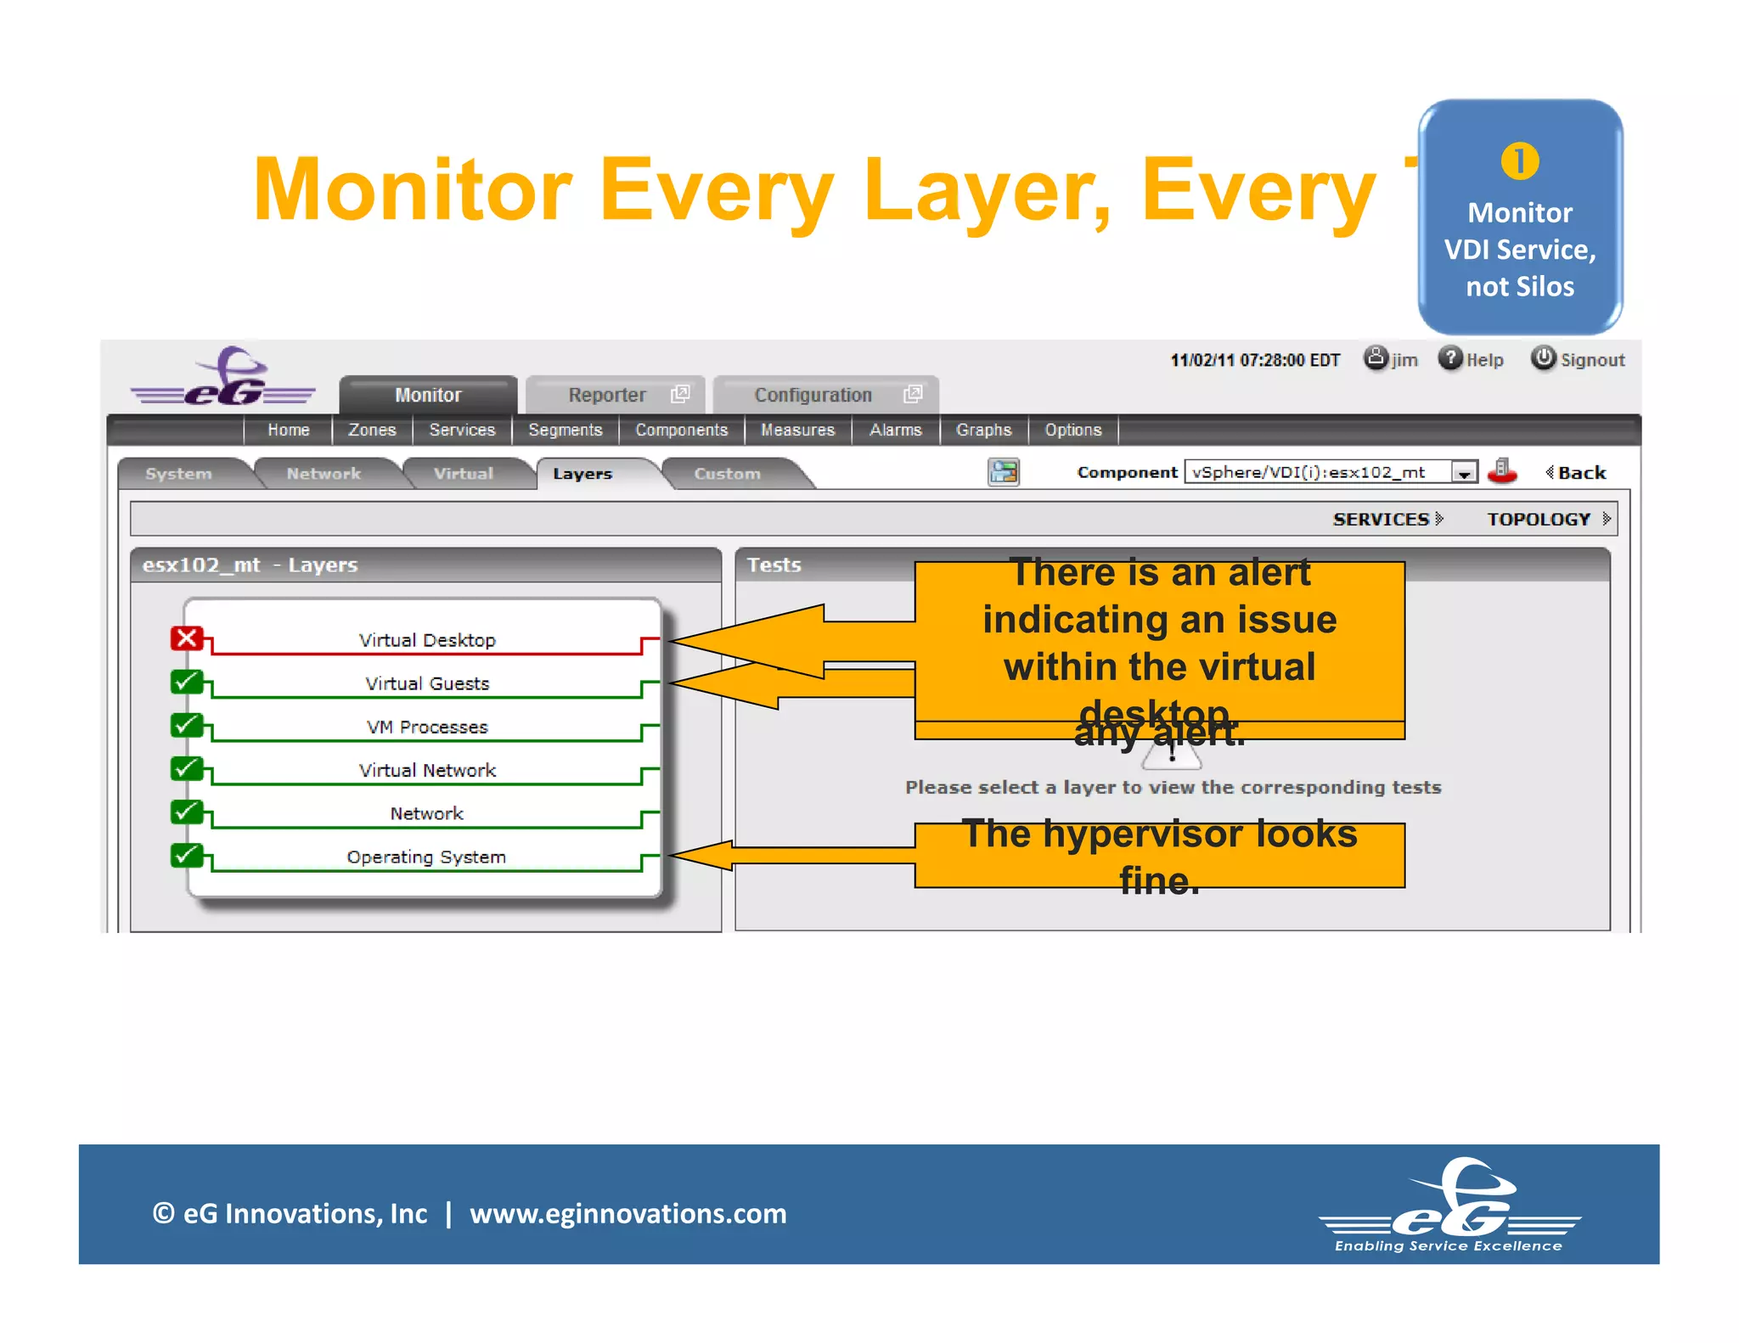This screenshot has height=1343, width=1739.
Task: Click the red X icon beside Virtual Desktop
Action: click(x=187, y=638)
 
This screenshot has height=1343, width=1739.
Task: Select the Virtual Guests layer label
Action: click(x=427, y=683)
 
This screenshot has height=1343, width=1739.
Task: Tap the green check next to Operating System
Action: click(x=187, y=855)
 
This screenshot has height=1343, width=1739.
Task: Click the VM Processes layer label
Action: click(x=427, y=727)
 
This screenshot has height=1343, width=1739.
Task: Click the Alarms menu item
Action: click(x=895, y=430)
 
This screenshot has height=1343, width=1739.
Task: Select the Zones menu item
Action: click(x=372, y=430)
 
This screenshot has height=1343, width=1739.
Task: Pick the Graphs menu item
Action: click(x=983, y=430)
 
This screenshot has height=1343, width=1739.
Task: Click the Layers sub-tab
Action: click(x=582, y=474)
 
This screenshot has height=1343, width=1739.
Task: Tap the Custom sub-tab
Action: click(x=727, y=474)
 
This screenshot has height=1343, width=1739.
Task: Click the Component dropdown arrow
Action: click(x=1464, y=473)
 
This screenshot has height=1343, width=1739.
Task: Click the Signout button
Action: click(x=1578, y=359)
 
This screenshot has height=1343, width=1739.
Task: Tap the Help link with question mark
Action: click(x=1471, y=359)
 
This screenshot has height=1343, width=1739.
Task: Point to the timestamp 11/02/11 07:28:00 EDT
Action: click(x=1254, y=360)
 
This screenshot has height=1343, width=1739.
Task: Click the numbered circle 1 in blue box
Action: click(x=1519, y=161)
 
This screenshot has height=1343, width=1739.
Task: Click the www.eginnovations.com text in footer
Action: click(x=628, y=1213)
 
